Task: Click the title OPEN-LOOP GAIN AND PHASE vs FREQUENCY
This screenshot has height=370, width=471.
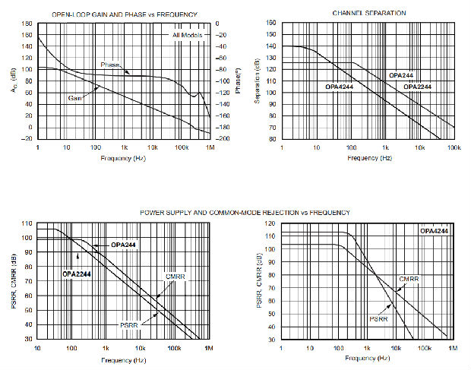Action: click(x=125, y=14)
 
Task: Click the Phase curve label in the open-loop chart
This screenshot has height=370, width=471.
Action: click(x=112, y=65)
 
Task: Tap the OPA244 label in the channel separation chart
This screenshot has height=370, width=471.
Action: click(x=400, y=76)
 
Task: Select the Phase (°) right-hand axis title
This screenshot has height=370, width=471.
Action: click(x=238, y=81)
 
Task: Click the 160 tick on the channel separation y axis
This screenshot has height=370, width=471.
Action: click(x=271, y=23)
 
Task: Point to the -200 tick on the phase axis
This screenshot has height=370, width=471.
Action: click(x=224, y=139)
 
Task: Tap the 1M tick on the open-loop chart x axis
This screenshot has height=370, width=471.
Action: click(x=210, y=147)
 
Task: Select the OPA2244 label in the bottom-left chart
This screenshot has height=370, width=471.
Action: click(x=77, y=273)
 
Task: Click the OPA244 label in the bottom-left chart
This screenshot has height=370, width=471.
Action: click(x=123, y=245)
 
